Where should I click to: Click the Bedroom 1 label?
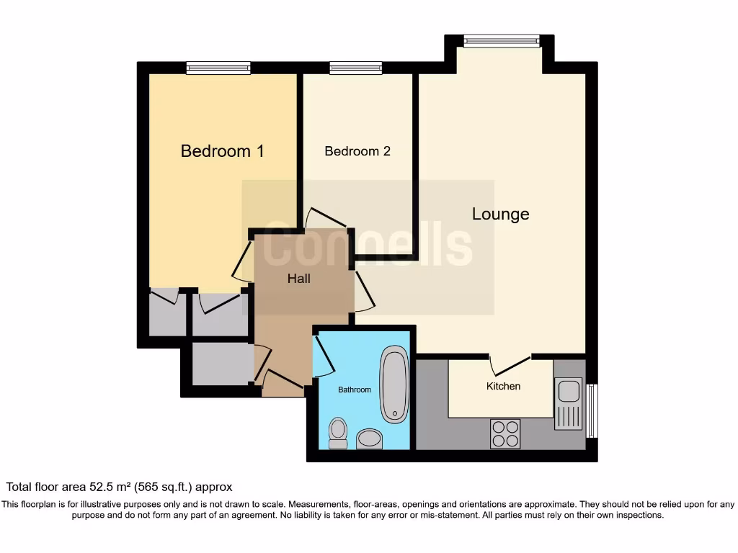pos(222,151)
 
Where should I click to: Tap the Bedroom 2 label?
pos(357,151)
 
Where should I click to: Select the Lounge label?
pos(500,214)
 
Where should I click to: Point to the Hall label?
pos(298,278)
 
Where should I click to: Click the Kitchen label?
pos(503,386)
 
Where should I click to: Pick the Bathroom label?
pos(355,390)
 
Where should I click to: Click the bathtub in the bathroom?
pos(394,385)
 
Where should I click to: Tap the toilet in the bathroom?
pos(337,433)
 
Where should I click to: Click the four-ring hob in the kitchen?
pos(505,433)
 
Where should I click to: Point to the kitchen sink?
pos(568,403)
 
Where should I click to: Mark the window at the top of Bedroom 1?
pos(218,68)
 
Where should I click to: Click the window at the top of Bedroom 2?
pos(356,68)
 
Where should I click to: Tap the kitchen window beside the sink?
pos(592,410)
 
